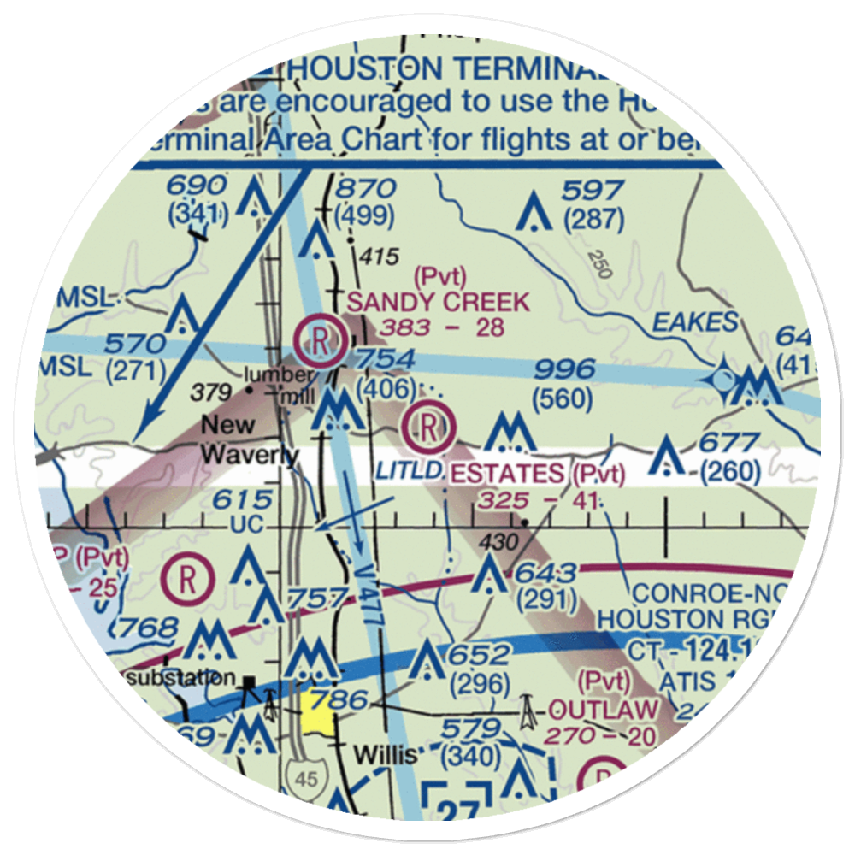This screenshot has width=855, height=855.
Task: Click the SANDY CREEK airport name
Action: (x=439, y=301)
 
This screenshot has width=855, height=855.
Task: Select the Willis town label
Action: (x=386, y=756)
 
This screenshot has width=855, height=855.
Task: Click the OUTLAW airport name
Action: (x=604, y=710)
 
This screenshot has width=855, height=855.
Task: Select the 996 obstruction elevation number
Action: (x=563, y=369)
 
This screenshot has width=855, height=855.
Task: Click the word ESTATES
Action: (x=507, y=473)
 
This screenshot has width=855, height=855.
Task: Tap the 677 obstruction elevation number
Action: (x=728, y=443)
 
